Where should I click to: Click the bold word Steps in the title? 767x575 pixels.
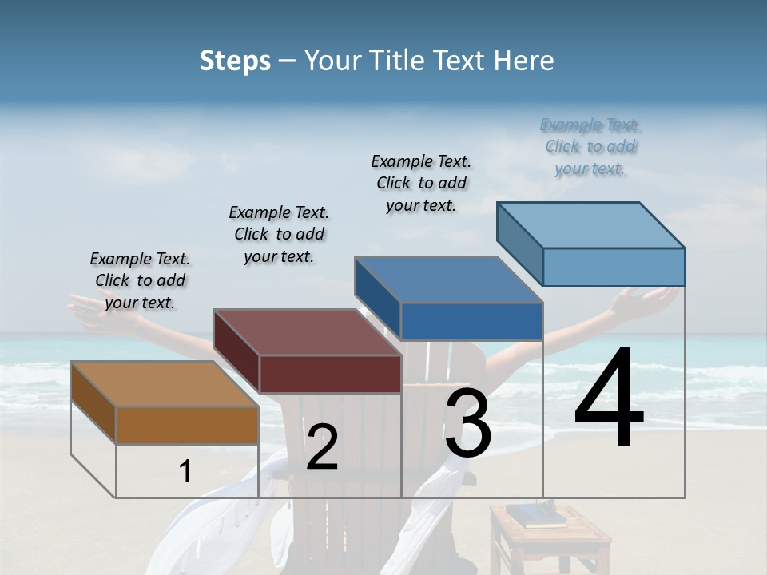[x=235, y=61]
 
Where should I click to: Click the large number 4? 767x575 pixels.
[x=609, y=399]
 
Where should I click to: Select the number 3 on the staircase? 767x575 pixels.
[x=467, y=423]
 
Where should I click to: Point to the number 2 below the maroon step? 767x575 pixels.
[x=322, y=447]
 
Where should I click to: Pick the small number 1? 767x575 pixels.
[x=185, y=472]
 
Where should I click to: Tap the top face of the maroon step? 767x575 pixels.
[x=307, y=332]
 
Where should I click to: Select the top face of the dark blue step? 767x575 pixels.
[x=448, y=280]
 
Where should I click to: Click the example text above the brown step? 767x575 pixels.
[x=140, y=280]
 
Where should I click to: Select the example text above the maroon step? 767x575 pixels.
[x=279, y=234]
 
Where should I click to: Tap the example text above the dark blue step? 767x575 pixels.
[x=421, y=183]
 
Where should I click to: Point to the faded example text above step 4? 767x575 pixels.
[x=590, y=146]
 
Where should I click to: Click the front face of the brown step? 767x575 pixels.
[x=187, y=425]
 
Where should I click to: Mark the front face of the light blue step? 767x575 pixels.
[x=614, y=267]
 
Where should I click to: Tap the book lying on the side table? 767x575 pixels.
[x=542, y=517]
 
